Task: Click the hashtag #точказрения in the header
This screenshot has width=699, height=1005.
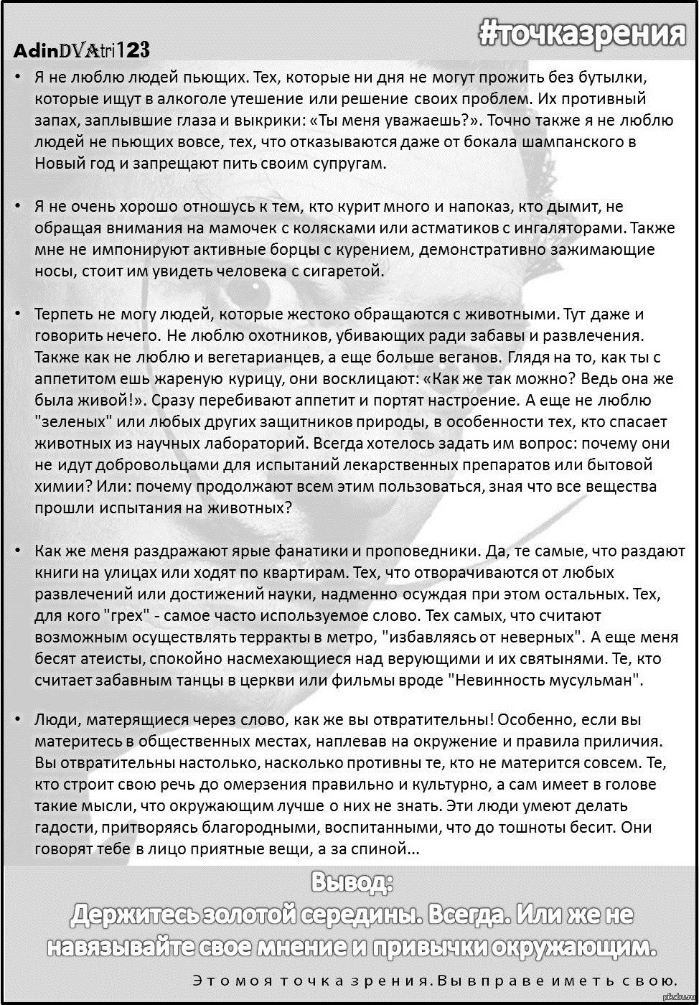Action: click(582, 32)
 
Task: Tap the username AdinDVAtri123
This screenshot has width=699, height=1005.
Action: click(81, 50)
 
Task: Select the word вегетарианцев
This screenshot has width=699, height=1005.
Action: click(294, 357)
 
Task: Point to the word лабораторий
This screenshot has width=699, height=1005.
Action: click(261, 443)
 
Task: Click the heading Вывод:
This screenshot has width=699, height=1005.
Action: click(352, 882)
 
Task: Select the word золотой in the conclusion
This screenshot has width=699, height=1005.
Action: click(249, 915)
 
